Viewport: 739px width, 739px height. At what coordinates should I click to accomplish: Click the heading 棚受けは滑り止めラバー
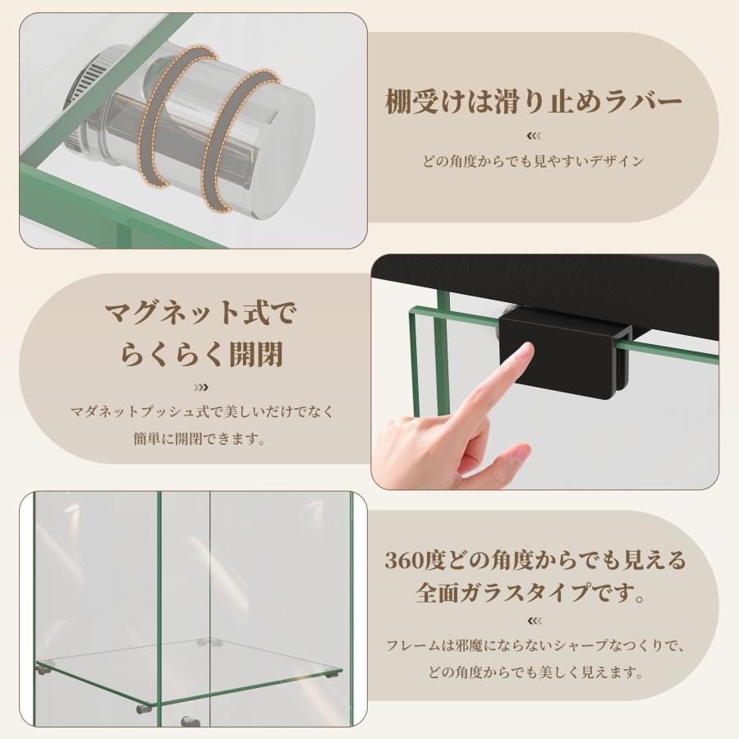coord(534,101)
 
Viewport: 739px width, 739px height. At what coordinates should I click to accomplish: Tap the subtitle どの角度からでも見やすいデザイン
coord(533,161)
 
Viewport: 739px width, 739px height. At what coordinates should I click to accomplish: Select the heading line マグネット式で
coord(200,313)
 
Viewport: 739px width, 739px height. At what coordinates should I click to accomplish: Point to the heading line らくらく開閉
coord(201,354)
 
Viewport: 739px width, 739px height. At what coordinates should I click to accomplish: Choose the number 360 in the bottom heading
coord(403,560)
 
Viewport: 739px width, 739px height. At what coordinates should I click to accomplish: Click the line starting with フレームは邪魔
coord(535,645)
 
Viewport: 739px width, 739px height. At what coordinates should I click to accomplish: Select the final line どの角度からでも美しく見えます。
coord(535,672)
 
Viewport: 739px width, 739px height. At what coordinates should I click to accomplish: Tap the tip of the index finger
coord(528,348)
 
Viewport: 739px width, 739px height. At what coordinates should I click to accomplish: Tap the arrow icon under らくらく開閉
coord(201,388)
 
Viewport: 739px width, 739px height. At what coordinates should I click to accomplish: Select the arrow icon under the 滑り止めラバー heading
coord(534,135)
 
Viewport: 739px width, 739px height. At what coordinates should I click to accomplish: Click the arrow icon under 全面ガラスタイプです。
coord(534,621)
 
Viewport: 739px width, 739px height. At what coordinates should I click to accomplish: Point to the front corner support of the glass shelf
coord(144,709)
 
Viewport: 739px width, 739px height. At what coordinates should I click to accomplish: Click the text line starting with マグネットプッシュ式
coord(202,411)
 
